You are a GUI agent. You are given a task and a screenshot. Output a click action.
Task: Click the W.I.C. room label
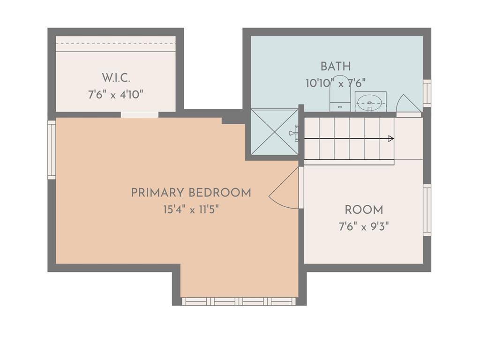[x=116, y=78]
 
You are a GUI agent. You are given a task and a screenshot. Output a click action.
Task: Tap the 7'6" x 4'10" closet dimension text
[x=116, y=95]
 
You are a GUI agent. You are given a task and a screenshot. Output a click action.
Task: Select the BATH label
[x=336, y=67]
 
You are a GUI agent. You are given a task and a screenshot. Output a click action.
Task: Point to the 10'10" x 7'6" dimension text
[x=336, y=83]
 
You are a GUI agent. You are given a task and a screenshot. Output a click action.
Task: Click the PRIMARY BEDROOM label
[x=191, y=193]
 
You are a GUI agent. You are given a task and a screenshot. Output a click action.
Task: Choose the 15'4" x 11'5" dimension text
[x=191, y=210]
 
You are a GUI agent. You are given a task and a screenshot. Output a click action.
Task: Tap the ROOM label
[x=364, y=210]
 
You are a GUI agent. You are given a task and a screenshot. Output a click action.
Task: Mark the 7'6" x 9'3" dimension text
[x=364, y=227]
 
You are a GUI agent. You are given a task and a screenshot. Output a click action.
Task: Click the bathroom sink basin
[x=369, y=103]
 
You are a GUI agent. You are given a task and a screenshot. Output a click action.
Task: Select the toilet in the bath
[x=340, y=96]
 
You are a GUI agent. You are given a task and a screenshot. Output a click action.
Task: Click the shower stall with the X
[x=274, y=132]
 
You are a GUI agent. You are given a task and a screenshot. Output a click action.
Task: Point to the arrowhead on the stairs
[x=391, y=139]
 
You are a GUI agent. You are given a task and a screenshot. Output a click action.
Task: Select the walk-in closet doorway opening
[x=140, y=115]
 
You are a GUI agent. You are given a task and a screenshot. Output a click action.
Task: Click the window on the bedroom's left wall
[x=52, y=150]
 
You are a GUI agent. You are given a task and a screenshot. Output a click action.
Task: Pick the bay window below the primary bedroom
[x=239, y=301]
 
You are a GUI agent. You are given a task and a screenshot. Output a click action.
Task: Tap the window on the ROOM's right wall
[x=427, y=210]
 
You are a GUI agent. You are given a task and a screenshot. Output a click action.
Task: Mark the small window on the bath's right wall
[x=427, y=93]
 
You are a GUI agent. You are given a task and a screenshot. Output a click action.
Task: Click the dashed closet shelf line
[x=116, y=44]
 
